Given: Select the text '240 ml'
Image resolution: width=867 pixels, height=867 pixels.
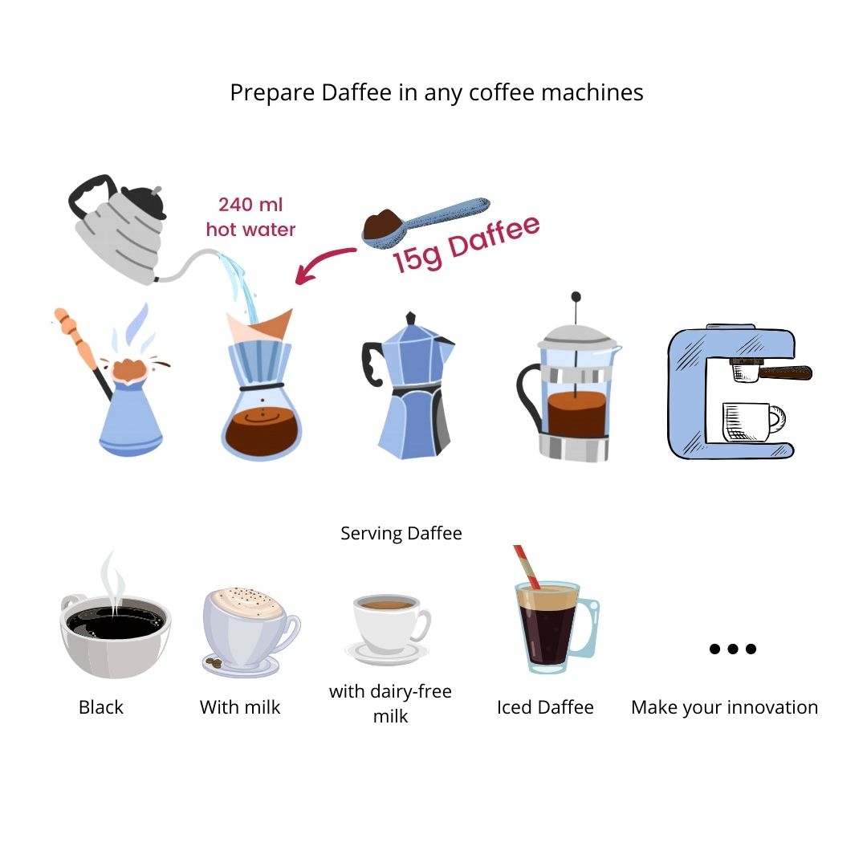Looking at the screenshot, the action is (250, 205).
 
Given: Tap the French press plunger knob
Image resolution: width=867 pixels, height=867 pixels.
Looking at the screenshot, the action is (576, 297).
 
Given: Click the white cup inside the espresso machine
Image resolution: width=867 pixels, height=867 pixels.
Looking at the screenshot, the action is (753, 422).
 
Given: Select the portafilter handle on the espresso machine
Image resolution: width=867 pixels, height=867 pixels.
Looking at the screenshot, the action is (785, 372).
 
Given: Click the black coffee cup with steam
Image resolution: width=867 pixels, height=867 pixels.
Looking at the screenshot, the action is (115, 630).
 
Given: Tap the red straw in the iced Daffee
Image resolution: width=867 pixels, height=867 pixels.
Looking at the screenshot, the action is (527, 567).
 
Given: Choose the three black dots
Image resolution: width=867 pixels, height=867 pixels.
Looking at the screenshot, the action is (733, 649).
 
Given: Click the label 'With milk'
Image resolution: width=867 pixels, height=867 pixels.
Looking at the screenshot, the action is (240, 707).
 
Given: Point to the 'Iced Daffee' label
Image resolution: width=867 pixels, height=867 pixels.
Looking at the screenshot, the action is (545, 707).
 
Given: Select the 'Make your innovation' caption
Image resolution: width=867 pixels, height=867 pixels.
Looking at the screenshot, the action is (724, 707).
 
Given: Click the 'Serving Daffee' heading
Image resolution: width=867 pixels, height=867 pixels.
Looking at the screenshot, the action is (401, 533).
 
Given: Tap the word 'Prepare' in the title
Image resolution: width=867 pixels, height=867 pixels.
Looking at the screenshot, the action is (273, 93).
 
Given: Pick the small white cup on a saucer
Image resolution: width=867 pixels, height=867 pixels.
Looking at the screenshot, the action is (389, 628).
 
